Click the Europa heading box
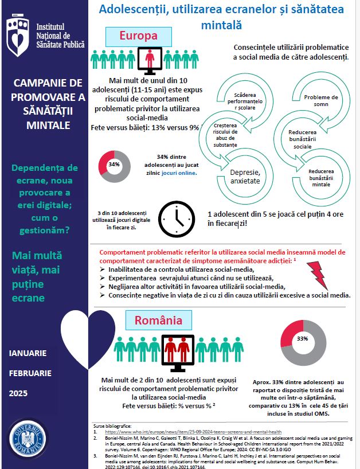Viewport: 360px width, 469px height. pos(138,36)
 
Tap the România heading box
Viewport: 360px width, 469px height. pos(159,319)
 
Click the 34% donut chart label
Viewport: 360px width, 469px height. pos(114,165)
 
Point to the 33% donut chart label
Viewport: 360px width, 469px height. pos(303,338)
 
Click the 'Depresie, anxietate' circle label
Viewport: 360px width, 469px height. pos(245,176)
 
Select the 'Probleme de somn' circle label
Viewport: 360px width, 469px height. pos(320,101)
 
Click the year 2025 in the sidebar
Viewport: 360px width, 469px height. pos(19,393)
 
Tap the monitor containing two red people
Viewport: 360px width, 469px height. pos(178,351)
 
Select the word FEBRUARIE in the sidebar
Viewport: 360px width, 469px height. pos(30,373)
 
